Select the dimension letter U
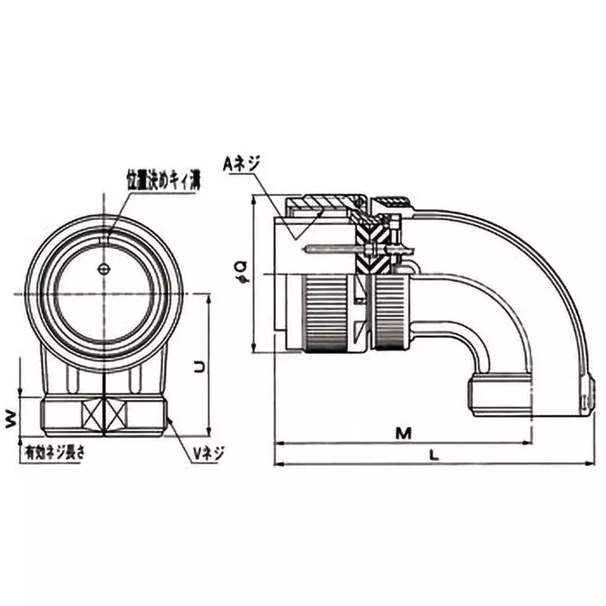point(198,366)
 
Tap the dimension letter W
point(11,418)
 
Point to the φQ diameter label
point(239,268)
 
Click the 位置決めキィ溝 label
point(162,180)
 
